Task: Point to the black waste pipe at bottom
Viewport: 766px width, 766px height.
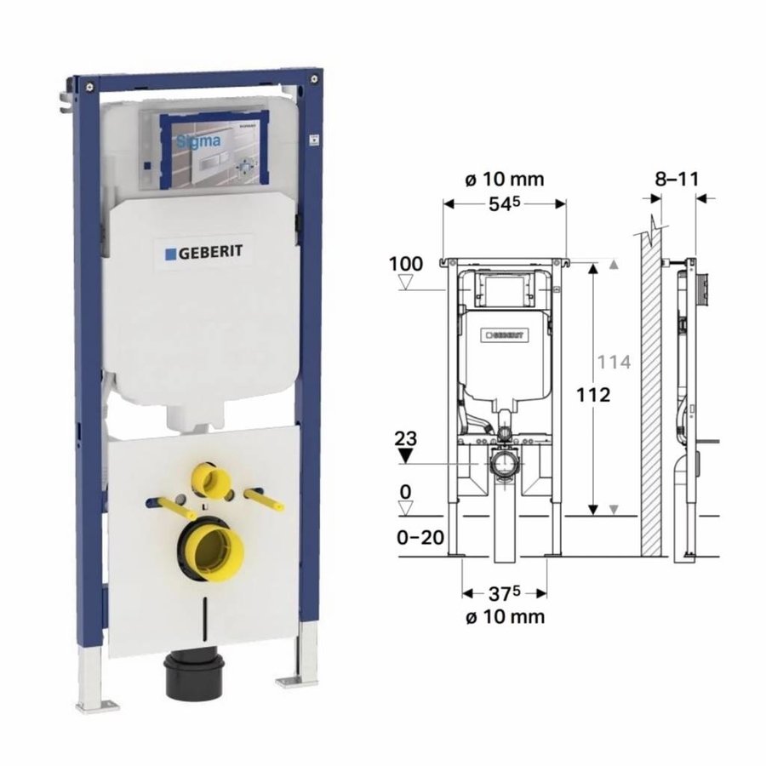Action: [x=203, y=677]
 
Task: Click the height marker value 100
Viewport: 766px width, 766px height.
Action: [x=406, y=264]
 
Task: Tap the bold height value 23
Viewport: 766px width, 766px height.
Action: [x=406, y=439]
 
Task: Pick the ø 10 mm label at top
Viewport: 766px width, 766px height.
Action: [x=505, y=180]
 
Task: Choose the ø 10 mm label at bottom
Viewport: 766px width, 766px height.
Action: [x=505, y=616]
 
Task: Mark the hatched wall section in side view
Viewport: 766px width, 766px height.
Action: [x=652, y=392]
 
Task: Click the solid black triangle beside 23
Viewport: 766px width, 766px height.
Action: [x=406, y=455]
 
